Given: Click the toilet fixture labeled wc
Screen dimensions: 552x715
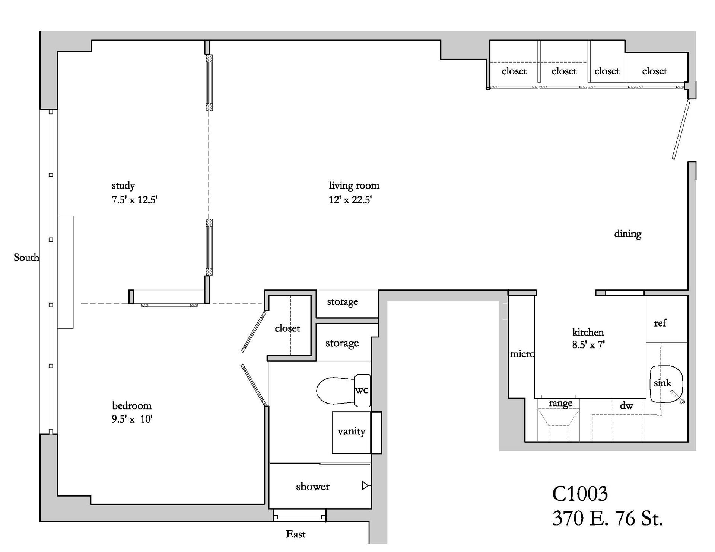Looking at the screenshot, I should (x=343, y=391).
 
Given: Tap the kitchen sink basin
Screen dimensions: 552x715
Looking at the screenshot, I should (x=666, y=384).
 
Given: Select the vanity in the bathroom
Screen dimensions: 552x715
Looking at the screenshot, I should (x=351, y=432).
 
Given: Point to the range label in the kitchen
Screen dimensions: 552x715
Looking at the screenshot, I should (x=560, y=403).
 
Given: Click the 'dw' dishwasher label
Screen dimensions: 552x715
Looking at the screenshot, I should (x=626, y=406).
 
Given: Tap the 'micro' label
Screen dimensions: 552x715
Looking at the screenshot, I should (x=522, y=354).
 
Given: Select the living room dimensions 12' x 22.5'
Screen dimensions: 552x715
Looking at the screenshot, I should (x=350, y=200).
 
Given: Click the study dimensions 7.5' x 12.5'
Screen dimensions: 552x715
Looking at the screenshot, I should (x=134, y=200).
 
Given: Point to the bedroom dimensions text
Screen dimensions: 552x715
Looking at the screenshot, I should (x=132, y=419).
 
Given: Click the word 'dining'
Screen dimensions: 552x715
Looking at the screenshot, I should (x=627, y=234).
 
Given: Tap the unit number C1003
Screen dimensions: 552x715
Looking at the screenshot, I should (x=579, y=494).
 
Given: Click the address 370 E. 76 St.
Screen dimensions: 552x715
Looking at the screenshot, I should (x=607, y=518).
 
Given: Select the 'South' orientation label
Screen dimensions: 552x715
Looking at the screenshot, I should (x=26, y=257).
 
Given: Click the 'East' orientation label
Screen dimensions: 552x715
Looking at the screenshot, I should (x=296, y=534).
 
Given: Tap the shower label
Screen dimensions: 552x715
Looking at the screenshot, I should (x=312, y=487).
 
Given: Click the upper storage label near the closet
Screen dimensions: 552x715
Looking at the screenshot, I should (x=342, y=302).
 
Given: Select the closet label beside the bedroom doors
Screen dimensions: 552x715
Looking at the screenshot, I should (x=287, y=328).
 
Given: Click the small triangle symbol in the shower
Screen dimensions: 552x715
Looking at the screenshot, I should (x=365, y=486).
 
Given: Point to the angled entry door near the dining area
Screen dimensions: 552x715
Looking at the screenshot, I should (x=681, y=129).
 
